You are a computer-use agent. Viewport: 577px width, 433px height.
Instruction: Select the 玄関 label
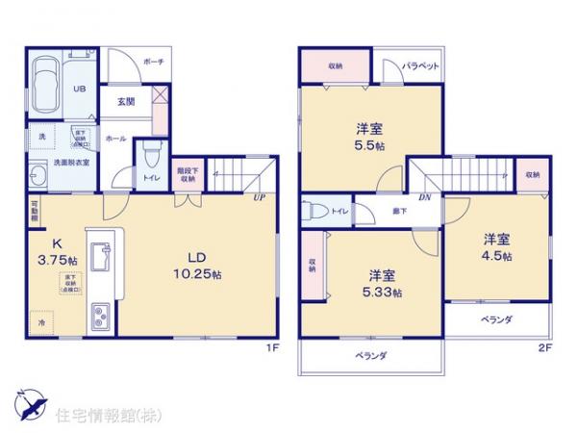click(x=126, y=101)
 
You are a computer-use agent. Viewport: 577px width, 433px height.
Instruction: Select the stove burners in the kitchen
click(x=100, y=316)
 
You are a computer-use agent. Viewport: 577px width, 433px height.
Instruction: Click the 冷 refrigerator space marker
click(x=41, y=324)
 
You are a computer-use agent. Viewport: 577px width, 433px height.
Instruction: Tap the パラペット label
click(x=420, y=66)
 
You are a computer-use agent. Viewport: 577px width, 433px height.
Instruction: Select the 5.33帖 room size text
click(x=384, y=292)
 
